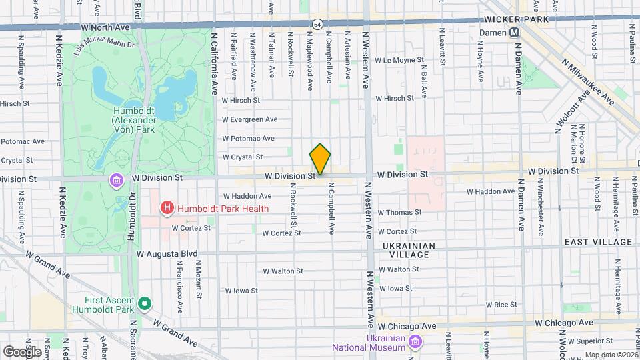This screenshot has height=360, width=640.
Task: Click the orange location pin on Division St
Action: pos(321,160)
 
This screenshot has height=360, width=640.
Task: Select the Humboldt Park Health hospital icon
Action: pos(167,209)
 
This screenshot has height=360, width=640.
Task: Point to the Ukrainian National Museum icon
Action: pos(415,342)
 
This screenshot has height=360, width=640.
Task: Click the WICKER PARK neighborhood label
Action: pos(517,19)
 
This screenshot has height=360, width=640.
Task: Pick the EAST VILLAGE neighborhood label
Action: pos(598,242)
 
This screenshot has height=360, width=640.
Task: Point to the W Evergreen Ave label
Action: pos(249,119)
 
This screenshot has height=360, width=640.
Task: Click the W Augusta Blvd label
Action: pos(167,254)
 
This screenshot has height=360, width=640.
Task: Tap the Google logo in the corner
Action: pos(21,351)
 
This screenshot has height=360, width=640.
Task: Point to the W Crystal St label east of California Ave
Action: pos(243,157)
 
